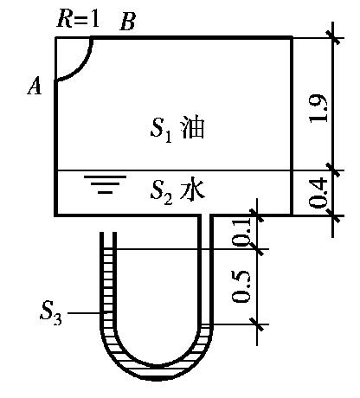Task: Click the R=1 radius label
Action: pos(78,19)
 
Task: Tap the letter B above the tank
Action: pos(127,22)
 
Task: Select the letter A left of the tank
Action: pos(35,87)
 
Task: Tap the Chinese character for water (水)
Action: pos(193,189)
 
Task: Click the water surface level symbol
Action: pos(105,184)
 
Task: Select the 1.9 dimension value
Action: pos(318,108)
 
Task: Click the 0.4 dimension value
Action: pos(318,193)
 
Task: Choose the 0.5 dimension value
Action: pos(241,286)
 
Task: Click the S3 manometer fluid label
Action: pos(51,312)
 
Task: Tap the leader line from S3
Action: pos(84,313)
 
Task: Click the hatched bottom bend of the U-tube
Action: pos(156,368)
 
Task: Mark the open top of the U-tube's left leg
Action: pos(108,233)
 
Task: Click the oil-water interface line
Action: pos(173,170)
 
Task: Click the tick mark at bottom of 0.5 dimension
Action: pos(257,324)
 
